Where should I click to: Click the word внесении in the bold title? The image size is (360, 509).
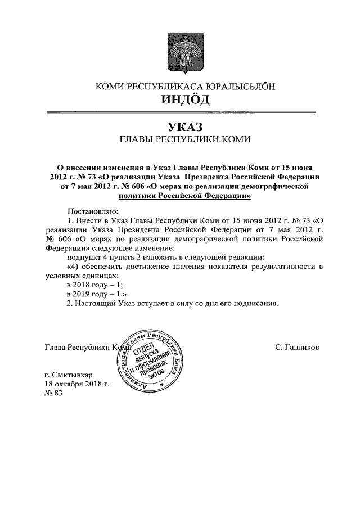point(87,168)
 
